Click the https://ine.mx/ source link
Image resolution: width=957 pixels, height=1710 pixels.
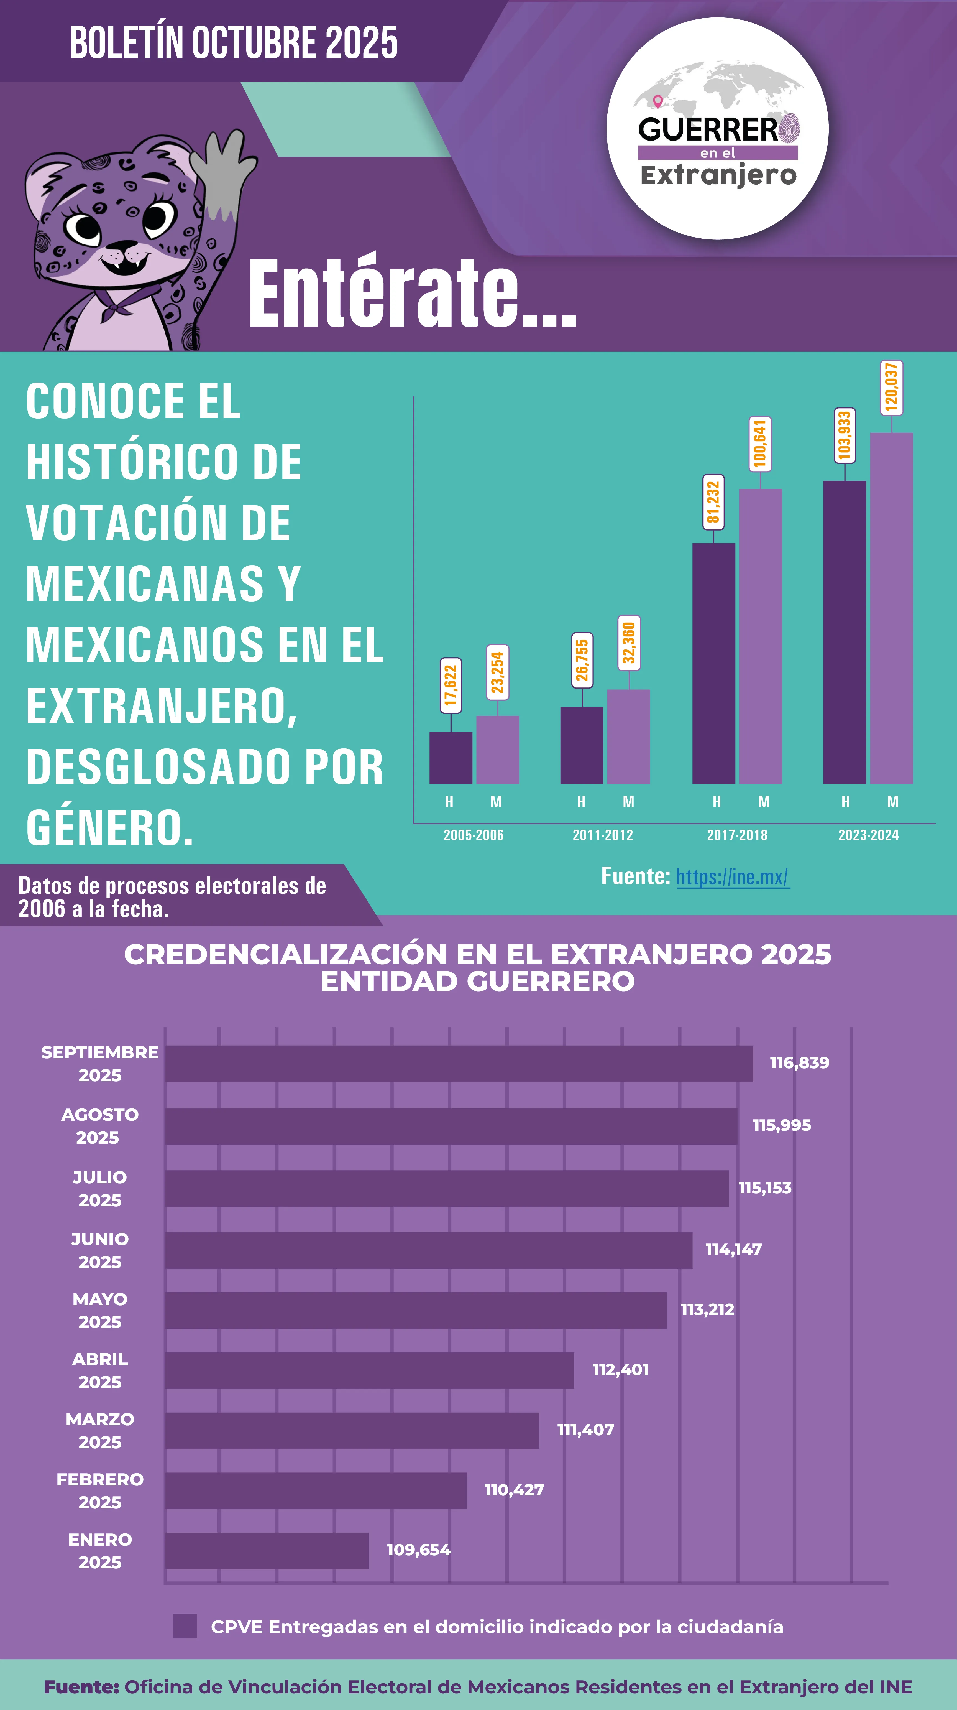733,877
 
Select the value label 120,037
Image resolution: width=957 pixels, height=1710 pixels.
891,388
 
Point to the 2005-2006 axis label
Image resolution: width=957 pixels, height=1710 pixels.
473,835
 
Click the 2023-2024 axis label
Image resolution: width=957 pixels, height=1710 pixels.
868,835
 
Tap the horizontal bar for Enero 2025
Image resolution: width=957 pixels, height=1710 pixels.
267,1551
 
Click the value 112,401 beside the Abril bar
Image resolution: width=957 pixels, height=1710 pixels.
620,1369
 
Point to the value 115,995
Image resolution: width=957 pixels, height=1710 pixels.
781,1125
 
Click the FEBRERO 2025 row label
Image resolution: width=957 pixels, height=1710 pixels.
99,1490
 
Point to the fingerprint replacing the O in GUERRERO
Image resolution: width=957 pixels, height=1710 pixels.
789,129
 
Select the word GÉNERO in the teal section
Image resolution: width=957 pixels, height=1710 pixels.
109,828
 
